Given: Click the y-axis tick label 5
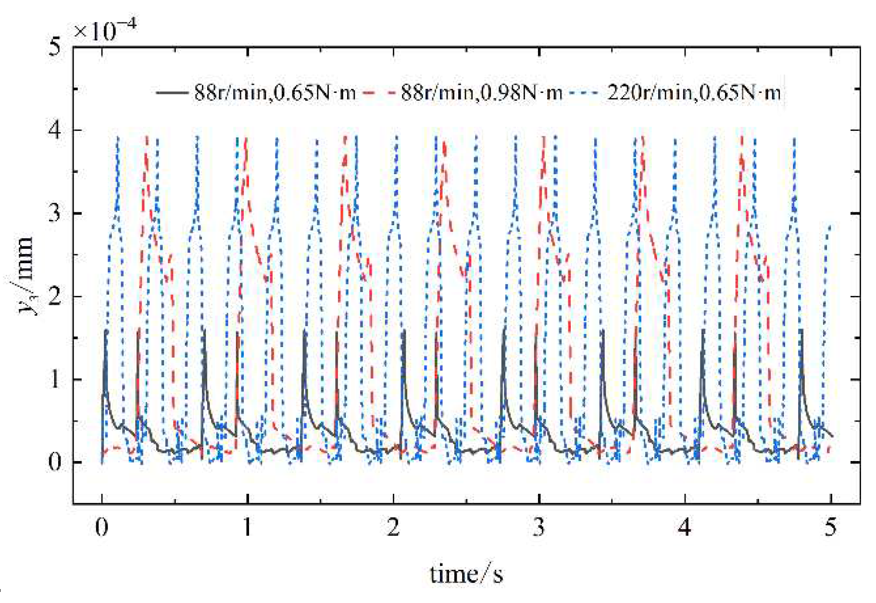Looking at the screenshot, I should (x=55, y=47).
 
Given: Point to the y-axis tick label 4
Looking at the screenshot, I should (x=55, y=130).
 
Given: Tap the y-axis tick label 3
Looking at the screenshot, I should (x=55, y=213).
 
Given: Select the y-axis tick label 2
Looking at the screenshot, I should (x=55, y=296).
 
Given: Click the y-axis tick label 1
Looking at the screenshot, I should (x=55, y=380).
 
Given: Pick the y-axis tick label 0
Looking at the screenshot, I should (x=55, y=462).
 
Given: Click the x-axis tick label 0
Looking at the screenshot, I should (x=101, y=527).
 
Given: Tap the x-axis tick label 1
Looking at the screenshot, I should (x=247, y=527).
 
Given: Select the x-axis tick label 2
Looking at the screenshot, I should (x=393, y=527).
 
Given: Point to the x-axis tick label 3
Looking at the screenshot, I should (x=539, y=527).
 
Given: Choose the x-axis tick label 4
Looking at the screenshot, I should (x=685, y=527).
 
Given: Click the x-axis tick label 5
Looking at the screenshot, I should (x=830, y=527).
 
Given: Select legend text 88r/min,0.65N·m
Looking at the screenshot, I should (x=275, y=92).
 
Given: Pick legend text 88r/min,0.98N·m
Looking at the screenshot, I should (x=481, y=92).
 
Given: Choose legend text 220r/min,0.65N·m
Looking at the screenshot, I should (x=694, y=92).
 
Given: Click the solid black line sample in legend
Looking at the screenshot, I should (x=172, y=92).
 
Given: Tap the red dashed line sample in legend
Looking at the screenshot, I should (x=380, y=92).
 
